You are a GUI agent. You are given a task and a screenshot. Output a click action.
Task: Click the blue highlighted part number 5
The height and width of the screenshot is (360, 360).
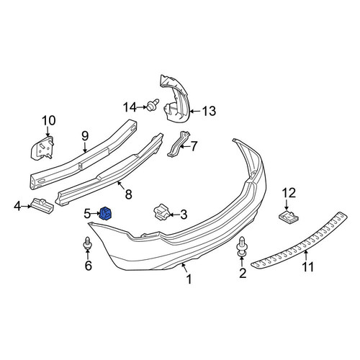pyautogui.click(x=107, y=213)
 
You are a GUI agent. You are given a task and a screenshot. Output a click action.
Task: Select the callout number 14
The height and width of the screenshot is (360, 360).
pyautogui.click(x=130, y=107)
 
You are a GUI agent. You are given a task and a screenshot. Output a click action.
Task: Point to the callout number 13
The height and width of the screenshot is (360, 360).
pyautogui.click(x=209, y=111)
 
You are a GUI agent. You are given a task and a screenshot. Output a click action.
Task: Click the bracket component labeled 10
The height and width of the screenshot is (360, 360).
pyautogui.click(x=42, y=148)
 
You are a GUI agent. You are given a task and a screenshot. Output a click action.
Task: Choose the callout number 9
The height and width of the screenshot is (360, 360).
pyautogui.click(x=85, y=136)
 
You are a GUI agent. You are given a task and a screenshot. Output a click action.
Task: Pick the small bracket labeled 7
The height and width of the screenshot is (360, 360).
pyautogui.click(x=178, y=144)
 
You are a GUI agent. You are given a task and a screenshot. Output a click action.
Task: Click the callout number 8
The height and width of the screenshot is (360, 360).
pyautogui.click(x=129, y=194)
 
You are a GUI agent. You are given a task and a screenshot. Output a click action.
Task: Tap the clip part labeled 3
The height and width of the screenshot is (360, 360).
pyautogui.click(x=161, y=212)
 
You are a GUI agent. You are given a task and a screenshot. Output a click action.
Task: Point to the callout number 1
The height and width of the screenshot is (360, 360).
pyautogui.click(x=189, y=279)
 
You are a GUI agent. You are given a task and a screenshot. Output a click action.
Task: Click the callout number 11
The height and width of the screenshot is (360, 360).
pyautogui.click(x=308, y=267)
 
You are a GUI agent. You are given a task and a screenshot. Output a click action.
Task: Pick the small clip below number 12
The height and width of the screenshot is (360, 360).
pyautogui.click(x=289, y=216)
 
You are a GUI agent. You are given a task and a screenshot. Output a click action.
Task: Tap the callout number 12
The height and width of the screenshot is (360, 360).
pyautogui.click(x=289, y=193)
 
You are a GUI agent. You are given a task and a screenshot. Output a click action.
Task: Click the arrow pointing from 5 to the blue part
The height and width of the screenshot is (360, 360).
pyautogui.click(x=96, y=213)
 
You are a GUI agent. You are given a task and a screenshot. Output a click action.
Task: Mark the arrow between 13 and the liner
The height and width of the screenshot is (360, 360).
pyautogui.click(x=196, y=111)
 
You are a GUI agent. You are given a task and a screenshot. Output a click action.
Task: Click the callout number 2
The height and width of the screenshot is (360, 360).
pyautogui.click(x=243, y=274)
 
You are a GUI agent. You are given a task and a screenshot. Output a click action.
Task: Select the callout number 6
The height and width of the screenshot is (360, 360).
pyautogui.click(x=89, y=266)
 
